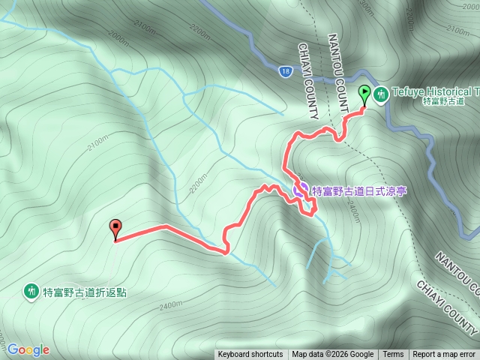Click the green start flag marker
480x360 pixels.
point(364,94)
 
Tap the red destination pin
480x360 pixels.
point(115,228)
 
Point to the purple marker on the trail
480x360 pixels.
point(299,188)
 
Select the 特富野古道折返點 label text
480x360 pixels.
point(85,292)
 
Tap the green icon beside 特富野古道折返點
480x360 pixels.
point(31,290)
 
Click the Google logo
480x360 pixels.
point(28,349)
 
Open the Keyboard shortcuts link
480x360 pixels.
point(250,355)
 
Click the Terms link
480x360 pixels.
point(393,355)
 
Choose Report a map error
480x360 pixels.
point(444,355)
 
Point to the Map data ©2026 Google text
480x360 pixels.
point(333,355)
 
